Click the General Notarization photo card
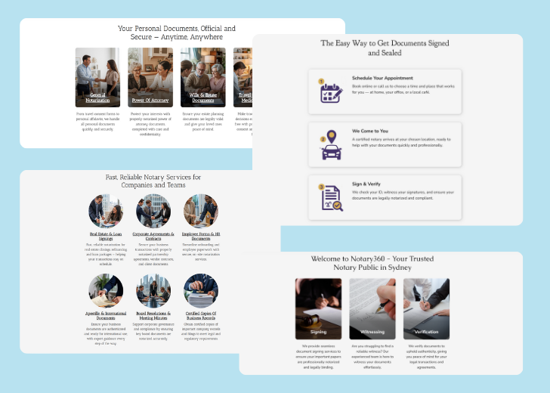(97, 77)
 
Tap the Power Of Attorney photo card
(150, 77)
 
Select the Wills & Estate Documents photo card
(202, 77)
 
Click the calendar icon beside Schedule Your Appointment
(331, 91)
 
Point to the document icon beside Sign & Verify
(331, 197)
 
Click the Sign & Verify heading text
(367, 184)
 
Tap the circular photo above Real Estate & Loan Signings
(106, 212)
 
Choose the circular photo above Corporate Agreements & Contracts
(153, 212)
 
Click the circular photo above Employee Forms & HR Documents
(201, 212)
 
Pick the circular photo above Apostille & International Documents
(106, 291)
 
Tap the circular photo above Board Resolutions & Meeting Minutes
(153, 291)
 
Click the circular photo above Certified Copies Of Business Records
(201, 291)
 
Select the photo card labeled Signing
(318, 308)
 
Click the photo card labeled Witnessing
(372, 308)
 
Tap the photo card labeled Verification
(426, 308)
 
